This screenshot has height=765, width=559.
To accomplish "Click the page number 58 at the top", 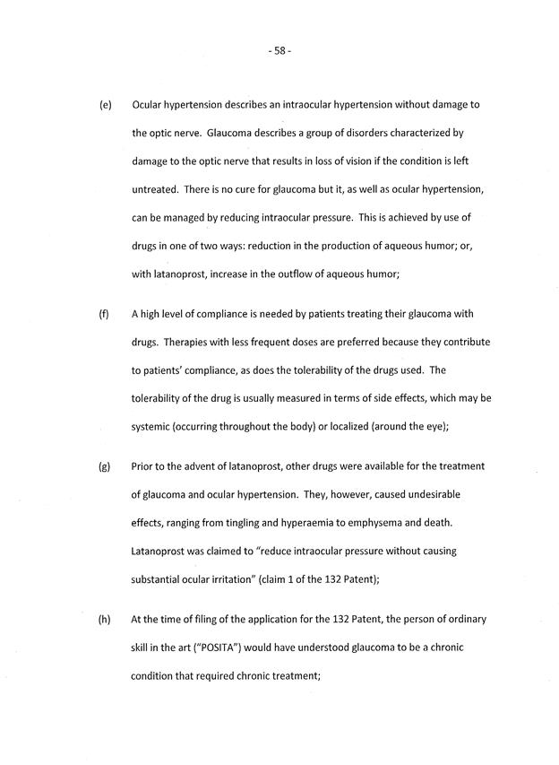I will pyautogui.click(x=279, y=50).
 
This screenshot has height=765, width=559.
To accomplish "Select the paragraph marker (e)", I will pyautogui.click(x=105, y=105).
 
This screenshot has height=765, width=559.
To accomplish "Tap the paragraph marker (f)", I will pyautogui.click(x=105, y=314).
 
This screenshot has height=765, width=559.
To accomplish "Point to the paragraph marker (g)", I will pyautogui.click(x=105, y=467).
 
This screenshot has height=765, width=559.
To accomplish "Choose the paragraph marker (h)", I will pyautogui.click(x=105, y=621).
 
